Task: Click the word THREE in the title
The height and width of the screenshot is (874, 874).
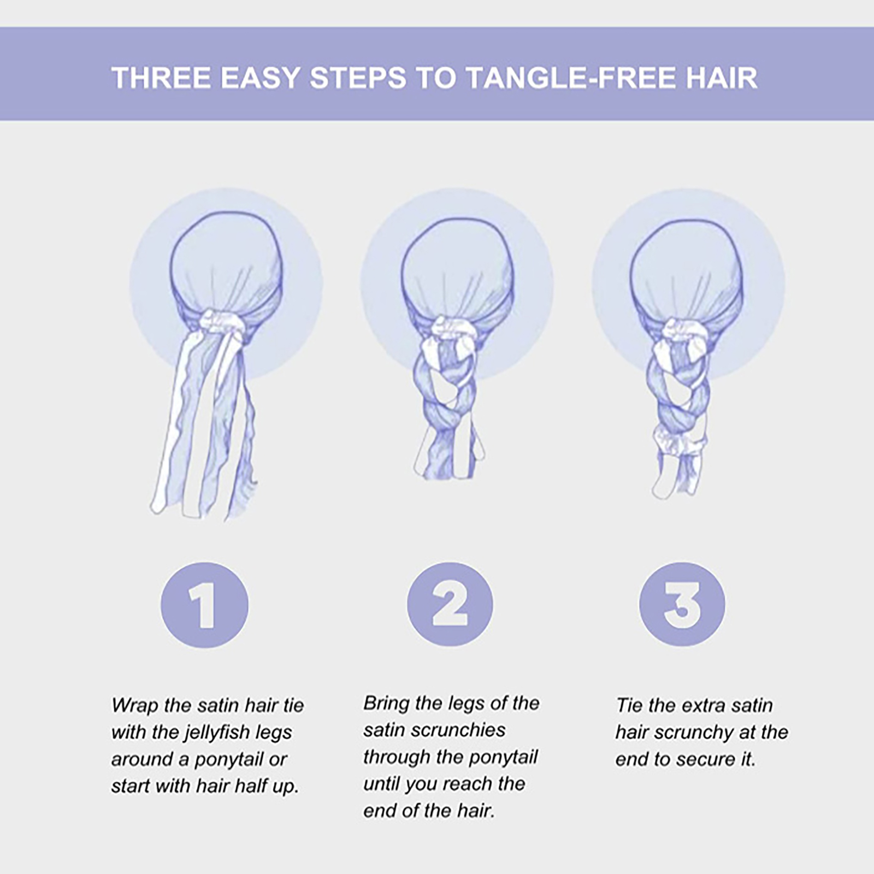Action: pos(162,78)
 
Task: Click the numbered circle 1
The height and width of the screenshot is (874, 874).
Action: pos(204,605)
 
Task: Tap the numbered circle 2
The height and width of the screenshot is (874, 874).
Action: pos(450,605)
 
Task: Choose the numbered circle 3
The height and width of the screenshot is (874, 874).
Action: pos(682,605)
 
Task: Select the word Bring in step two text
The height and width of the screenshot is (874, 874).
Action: pos(386,704)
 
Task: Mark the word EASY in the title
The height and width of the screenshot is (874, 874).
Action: pos(261,78)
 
